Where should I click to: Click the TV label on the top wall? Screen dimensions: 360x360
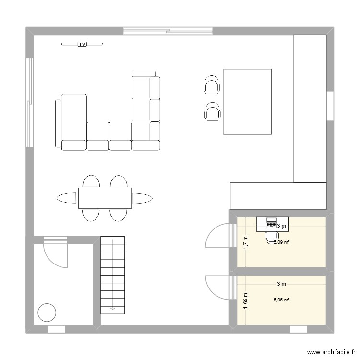click(x=82, y=45)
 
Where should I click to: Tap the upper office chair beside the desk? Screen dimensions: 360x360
click(x=212, y=85)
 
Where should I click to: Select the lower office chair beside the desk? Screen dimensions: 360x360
click(x=212, y=112)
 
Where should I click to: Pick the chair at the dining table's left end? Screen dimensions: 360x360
click(x=67, y=198)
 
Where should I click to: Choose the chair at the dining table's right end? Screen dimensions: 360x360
click(x=143, y=198)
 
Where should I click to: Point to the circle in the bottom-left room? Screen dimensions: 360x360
click(x=47, y=312)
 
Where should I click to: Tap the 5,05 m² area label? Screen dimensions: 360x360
click(x=281, y=300)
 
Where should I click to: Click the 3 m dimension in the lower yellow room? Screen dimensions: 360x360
click(x=281, y=284)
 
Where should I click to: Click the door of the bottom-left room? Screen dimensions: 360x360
click(x=56, y=252)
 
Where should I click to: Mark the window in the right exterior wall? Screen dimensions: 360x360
click(x=330, y=106)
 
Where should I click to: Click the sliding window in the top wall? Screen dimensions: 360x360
click(x=168, y=31)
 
